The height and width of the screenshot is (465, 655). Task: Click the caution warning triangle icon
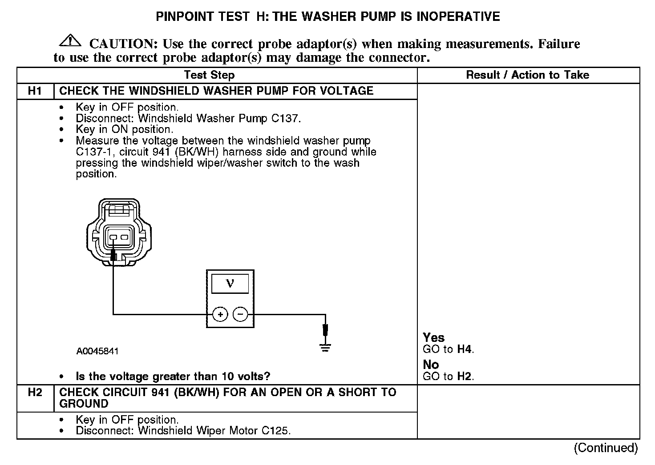(70, 41)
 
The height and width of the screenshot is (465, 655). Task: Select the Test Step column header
(209, 75)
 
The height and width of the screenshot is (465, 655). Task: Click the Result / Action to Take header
(527, 75)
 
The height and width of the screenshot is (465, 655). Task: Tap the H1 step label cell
(35, 91)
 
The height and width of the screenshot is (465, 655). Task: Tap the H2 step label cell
(35, 393)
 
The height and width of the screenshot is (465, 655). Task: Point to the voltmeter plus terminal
(220, 315)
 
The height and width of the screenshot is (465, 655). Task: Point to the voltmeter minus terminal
(240, 315)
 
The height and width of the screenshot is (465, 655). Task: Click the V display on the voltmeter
(230, 283)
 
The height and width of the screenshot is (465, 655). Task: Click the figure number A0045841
(97, 351)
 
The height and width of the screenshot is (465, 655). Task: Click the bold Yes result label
(433, 338)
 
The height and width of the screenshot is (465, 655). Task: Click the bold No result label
(431, 365)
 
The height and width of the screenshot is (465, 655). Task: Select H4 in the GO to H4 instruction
(464, 349)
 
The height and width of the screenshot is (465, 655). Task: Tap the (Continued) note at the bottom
(606, 448)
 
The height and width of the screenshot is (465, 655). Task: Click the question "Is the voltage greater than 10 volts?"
(173, 377)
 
